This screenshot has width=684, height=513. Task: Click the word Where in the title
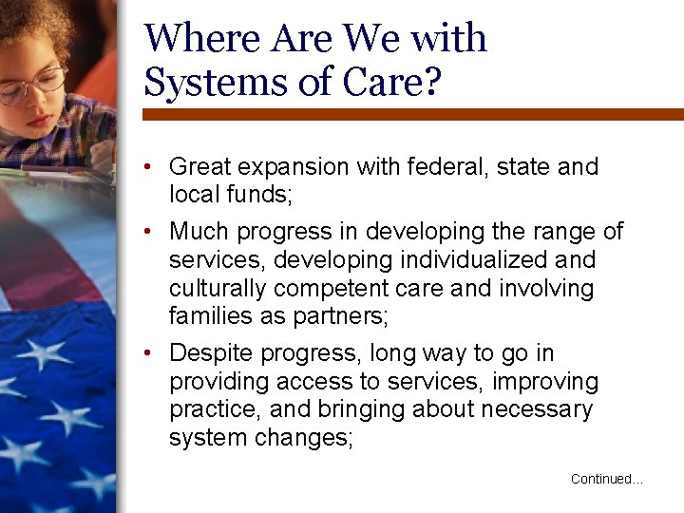click(x=202, y=39)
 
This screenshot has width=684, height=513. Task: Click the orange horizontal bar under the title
click(x=413, y=114)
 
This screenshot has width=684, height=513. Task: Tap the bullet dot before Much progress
click(x=151, y=231)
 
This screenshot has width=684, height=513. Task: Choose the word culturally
click(x=215, y=288)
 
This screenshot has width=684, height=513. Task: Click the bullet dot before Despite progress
click(x=151, y=353)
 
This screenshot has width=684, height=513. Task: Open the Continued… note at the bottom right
click(x=606, y=480)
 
